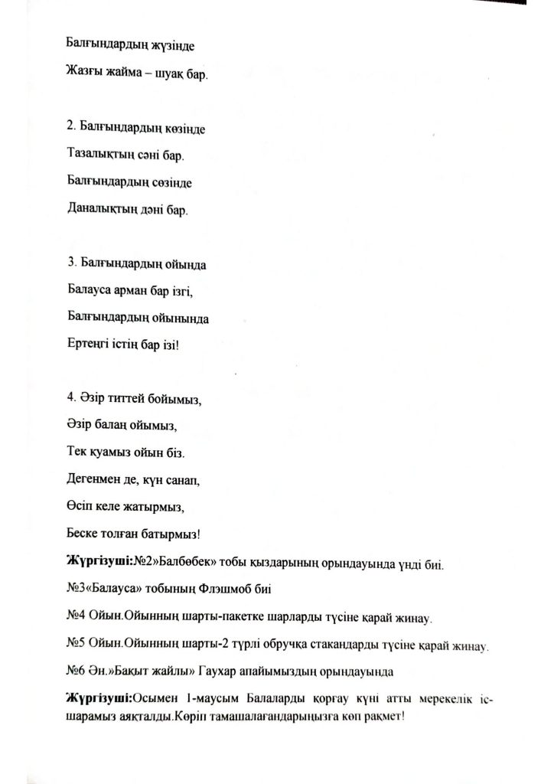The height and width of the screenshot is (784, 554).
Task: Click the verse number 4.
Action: [70, 397]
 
